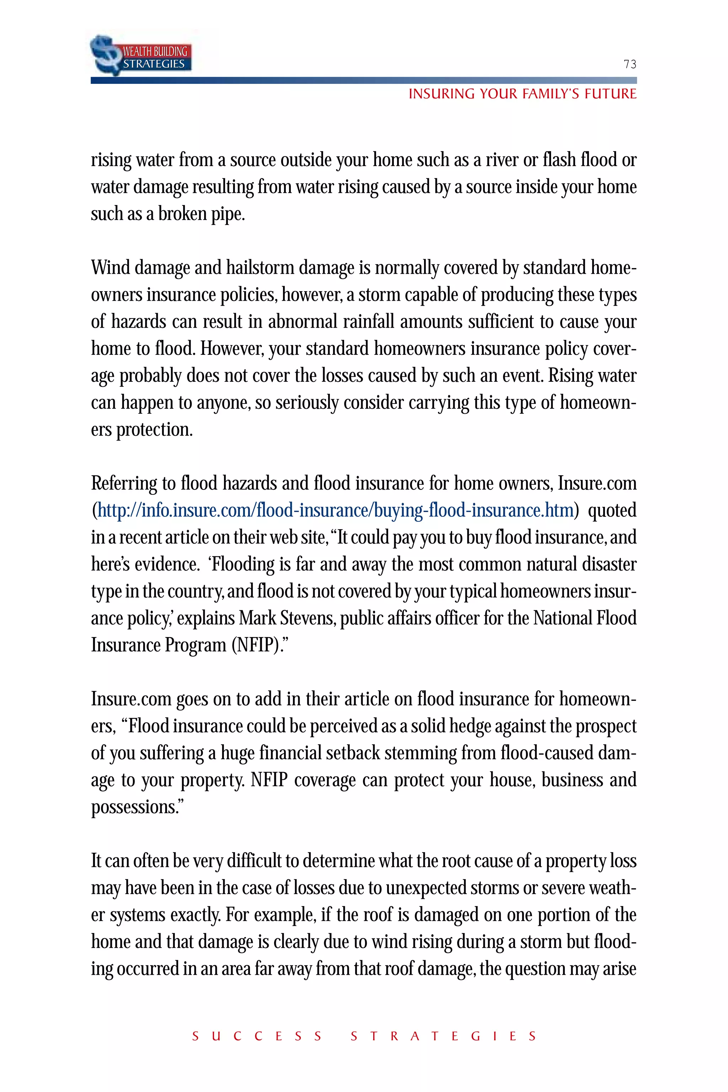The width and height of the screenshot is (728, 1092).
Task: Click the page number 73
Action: [x=630, y=64]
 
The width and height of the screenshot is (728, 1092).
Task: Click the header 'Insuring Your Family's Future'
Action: [x=522, y=94]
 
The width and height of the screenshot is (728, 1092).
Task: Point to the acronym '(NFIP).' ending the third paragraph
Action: [x=260, y=646]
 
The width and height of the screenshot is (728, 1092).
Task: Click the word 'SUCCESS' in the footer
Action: [x=257, y=1036]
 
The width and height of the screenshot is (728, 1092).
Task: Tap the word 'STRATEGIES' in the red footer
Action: [x=443, y=1036]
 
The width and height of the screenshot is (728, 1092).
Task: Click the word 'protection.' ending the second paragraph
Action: [x=154, y=429]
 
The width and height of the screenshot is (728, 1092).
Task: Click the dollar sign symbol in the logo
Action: [x=106, y=55]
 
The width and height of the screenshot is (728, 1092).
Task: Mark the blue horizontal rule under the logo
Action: [x=364, y=81]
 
